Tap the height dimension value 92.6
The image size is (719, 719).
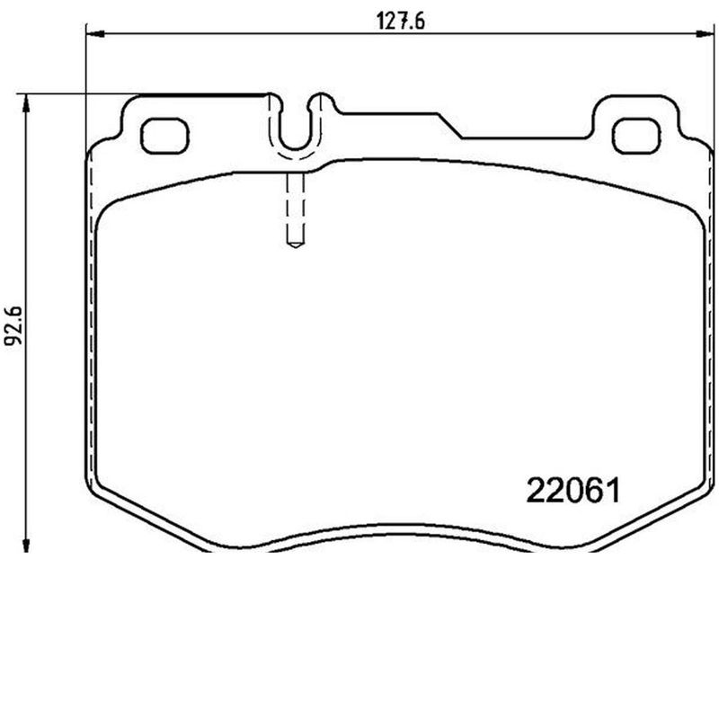click(12, 323)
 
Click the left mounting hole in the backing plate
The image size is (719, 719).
click(166, 135)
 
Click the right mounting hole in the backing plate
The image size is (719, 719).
click(635, 135)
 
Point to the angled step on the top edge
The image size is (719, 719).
click(450, 126)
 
